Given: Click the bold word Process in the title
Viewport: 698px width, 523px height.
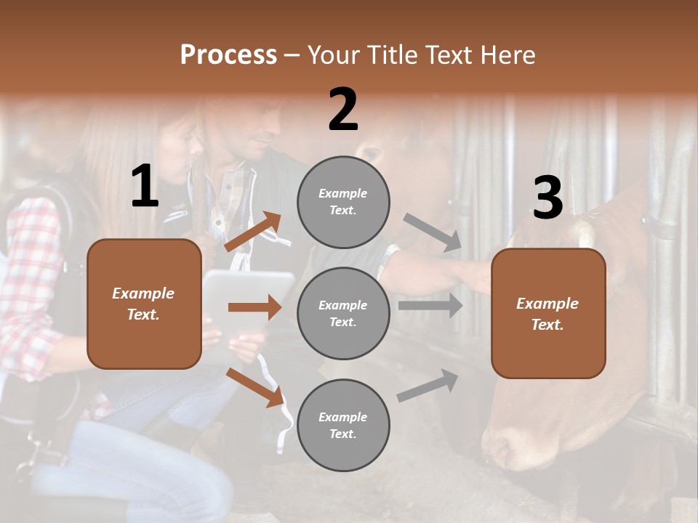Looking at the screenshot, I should pos(228,55).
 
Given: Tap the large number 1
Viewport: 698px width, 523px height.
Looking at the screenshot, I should pos(145,187).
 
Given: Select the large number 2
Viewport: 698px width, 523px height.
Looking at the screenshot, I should pos(343,110).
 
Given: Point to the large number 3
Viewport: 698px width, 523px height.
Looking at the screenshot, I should pos(547,198).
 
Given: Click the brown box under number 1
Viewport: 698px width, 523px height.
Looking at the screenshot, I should pos(144,304).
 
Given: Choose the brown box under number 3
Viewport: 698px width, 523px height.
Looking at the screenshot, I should pos(548,313).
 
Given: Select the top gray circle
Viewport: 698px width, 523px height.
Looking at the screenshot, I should pos(343,201).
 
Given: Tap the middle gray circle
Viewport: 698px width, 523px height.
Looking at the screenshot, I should pos(343,313).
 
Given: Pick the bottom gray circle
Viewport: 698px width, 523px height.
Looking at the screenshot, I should pos(343,425).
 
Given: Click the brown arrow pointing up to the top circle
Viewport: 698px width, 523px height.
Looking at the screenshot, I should pos(252,232).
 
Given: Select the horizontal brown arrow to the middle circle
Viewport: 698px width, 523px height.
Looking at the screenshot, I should pos(254,307).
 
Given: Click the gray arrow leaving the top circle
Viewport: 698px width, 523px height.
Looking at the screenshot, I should pos(433,232).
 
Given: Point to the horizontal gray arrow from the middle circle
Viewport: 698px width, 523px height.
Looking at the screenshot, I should pos(430,306).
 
